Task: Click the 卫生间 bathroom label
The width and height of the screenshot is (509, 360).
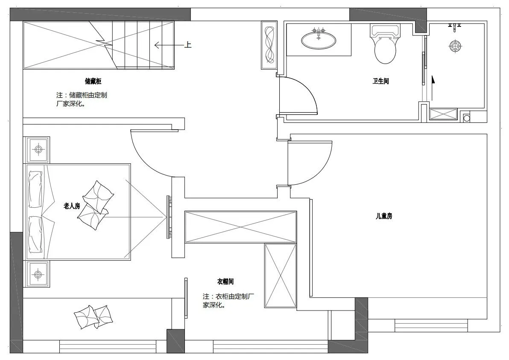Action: point(380,81)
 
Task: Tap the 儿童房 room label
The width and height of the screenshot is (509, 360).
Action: point(384,216)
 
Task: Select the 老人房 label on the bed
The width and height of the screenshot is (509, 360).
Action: point(71,206)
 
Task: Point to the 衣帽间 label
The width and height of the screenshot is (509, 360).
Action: point(225,282)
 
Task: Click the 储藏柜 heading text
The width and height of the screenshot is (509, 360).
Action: point(93,81)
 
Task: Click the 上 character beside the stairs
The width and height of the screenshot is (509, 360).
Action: point(187,45)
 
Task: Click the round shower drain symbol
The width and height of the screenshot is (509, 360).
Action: point(456,46)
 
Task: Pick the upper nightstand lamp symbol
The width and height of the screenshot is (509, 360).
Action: point(38,150)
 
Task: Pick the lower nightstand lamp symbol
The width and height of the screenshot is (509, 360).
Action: point(38,275)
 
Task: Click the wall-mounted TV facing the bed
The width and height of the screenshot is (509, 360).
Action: point(169,217)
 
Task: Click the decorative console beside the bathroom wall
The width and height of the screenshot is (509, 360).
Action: point(269,45)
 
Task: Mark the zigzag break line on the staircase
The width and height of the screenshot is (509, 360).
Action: point(103,45)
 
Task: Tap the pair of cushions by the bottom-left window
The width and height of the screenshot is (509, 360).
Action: point(93,316)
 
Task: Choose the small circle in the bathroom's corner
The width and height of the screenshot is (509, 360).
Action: point(466,119)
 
